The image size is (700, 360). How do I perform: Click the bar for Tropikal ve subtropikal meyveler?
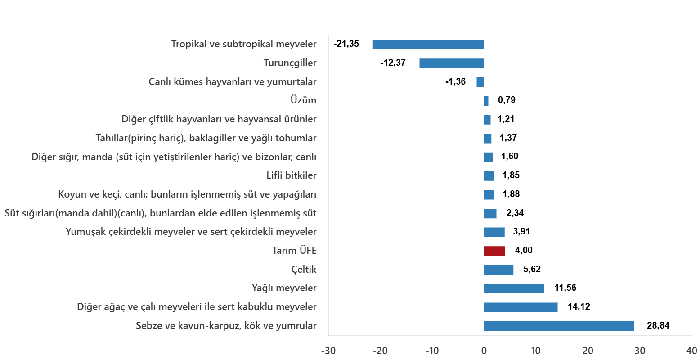pos(428,45)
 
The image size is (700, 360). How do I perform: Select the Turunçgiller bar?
pos(451,63)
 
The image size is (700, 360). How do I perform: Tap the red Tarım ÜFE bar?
pos(494,251)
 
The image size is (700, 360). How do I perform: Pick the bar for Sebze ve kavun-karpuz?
pos(558,326)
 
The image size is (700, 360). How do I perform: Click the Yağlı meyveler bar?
pos(513,288)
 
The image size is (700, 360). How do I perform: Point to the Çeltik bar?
pos(498,270)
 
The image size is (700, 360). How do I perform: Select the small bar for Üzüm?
pos(486,101)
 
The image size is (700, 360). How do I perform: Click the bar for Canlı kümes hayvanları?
pos(480,82)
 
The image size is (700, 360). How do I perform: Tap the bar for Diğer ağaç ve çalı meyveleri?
pos(520,307)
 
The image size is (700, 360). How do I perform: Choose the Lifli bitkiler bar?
pos(489,176)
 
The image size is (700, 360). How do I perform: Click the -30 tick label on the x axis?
pos(328,351)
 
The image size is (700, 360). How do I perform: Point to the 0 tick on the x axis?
pos(484,351)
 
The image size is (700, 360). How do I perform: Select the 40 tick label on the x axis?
pos(691,351)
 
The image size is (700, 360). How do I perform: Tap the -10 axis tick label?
pos(431,351)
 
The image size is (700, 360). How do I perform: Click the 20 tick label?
pos(588,351)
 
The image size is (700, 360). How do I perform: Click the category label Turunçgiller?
pos(290,63)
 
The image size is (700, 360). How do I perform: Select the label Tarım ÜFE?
pos(294,251)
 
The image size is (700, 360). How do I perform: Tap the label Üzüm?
pos(303,100)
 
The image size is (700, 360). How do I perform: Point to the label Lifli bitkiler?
pos(291,175)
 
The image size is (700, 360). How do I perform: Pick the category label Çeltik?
pos(304,270)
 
